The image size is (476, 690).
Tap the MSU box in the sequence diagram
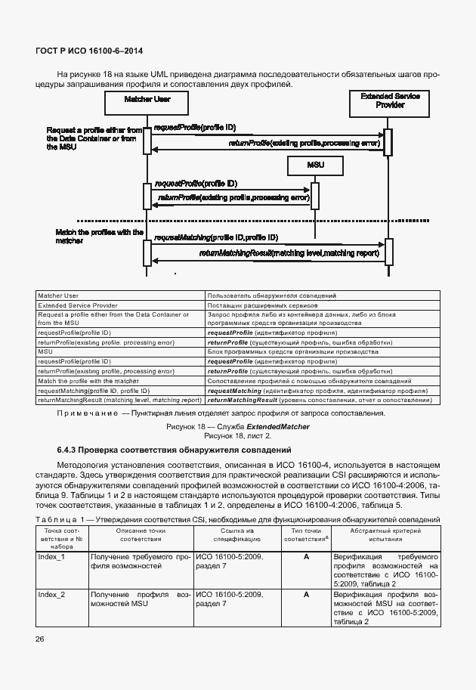[315, 165]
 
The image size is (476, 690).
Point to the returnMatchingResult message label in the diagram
[289, 253]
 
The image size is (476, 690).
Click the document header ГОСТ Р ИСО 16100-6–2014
[89, 51]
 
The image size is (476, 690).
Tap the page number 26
[39, 640]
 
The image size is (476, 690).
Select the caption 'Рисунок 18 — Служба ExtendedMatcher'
[238, 427]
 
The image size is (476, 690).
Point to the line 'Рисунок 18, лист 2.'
[238, 436]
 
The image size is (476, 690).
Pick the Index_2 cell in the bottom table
[51, 596]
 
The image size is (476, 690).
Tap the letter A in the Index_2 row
[306, 596]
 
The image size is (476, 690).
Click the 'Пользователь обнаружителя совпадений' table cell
[271, 295]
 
